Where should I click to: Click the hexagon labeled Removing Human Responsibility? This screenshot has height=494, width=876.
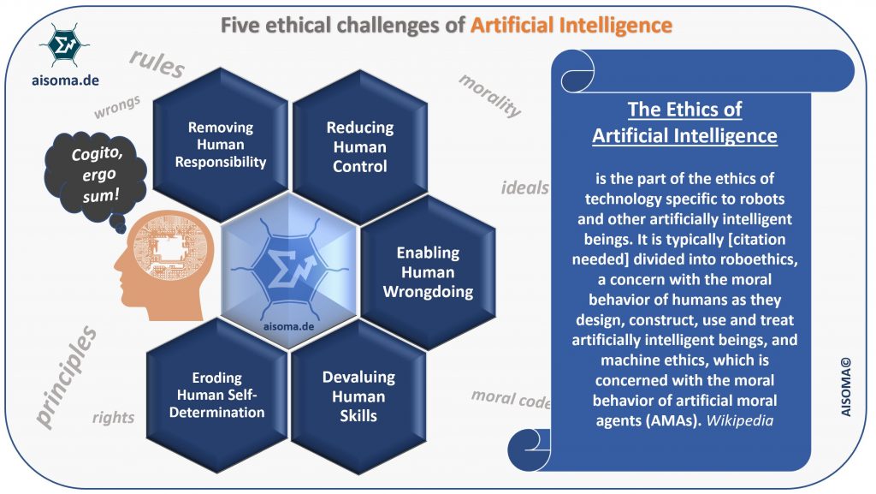221,145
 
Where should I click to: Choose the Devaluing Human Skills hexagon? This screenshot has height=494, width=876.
357,396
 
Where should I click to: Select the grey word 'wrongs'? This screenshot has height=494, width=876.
117,111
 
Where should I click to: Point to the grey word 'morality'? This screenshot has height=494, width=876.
489,95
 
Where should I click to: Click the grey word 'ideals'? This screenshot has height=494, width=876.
524,187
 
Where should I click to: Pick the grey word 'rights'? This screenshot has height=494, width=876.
114,417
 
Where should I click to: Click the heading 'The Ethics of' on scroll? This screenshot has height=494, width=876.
684,110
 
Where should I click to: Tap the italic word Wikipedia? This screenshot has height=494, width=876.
741,421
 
